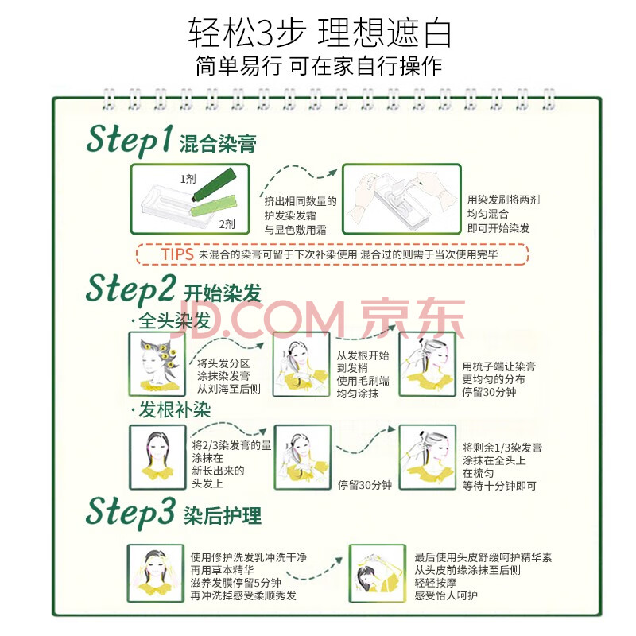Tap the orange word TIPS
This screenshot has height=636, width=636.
177,254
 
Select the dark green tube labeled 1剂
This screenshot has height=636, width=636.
214,184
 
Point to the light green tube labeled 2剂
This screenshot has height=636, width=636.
213,205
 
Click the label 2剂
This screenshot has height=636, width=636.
227,224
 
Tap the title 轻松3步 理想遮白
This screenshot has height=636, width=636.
320,32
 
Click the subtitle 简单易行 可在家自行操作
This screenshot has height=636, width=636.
319,66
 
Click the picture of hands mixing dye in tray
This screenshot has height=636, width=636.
401,200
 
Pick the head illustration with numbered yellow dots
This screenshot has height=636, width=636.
157,364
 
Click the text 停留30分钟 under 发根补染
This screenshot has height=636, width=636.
365,485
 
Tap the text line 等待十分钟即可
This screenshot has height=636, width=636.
499,486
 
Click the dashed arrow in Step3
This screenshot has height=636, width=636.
314,569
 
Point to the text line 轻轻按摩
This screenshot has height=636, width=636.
435,583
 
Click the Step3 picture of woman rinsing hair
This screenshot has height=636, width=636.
155,573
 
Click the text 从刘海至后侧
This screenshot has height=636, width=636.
229,389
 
